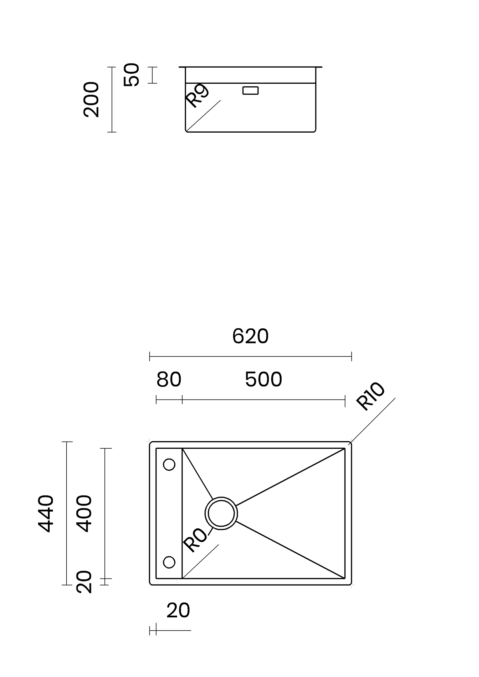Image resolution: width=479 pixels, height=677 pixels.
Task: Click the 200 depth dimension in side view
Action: coord(91,100)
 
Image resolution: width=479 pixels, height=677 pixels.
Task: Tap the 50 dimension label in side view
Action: coord(131,75)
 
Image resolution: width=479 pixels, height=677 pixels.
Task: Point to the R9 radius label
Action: coord(197,96)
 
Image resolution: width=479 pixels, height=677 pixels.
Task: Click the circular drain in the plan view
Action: coord(221,513)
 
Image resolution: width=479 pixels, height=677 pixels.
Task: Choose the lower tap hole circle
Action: coord(169,562)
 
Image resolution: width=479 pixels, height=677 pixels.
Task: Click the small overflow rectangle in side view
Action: coord(250,91)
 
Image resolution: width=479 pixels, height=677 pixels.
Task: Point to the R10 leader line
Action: coord(372,421)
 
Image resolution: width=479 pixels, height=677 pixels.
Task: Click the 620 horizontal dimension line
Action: coord(250,357)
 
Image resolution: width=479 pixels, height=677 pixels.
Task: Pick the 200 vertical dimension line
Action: coord(112,100)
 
